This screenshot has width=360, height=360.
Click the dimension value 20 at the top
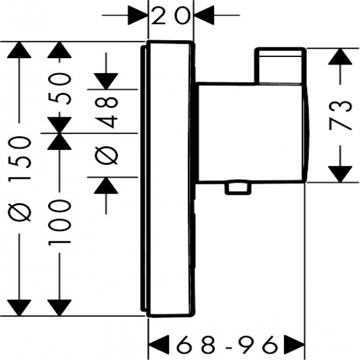click(x=170, y=14)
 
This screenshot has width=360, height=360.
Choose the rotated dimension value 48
click(x=106, y=113)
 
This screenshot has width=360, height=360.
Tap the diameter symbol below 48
click(x=106, y=157)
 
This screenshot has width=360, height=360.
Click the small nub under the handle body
click(x=237, y=189)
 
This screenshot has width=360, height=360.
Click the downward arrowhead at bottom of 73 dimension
click(x=340, y=173)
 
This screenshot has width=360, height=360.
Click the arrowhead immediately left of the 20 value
click(x=139, y=14)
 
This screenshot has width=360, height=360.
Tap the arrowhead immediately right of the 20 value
click(x=202, y=14)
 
